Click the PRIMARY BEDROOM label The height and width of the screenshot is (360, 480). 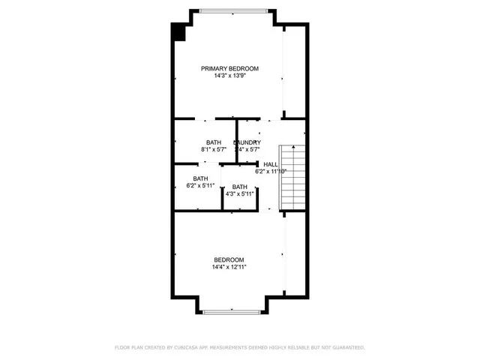tap(229, 68)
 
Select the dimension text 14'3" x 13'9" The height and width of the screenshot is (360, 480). tap(229, 76)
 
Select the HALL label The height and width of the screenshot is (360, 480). tap(271, 163)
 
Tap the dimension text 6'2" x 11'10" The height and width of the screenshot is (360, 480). tap(271, 171)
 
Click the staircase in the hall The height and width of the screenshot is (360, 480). tap(293, 177)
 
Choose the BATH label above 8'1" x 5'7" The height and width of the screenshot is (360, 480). tap(214, 142)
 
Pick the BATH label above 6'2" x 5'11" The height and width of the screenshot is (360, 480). tap(200, 178)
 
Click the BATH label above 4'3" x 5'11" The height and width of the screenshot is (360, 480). tap(239, 187)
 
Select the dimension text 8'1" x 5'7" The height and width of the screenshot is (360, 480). tap(214, 150)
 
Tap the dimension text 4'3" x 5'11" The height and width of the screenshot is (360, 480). tap(239, 193)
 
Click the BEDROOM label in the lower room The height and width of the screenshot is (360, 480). tap(229, 259)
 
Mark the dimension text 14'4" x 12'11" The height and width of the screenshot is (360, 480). tap(229, 267)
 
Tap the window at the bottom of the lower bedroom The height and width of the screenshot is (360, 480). tap(232, 311)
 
